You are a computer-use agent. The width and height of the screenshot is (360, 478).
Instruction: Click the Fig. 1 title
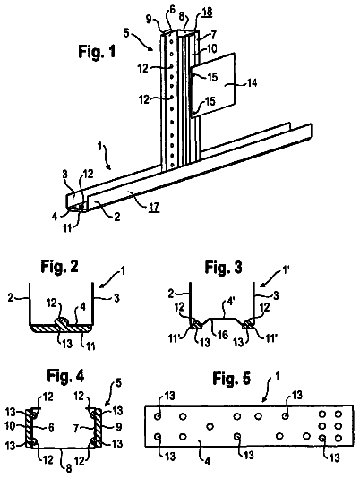pos(97,51)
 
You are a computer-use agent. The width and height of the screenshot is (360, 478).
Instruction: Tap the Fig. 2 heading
pos(59,267)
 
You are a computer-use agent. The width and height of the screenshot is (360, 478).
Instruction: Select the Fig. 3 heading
pos(223,268)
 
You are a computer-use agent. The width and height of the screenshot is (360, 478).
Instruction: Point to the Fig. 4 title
pos(65,376)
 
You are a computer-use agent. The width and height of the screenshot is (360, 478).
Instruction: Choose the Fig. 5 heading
pos(232,379)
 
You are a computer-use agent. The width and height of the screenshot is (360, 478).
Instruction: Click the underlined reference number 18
pos(207,12)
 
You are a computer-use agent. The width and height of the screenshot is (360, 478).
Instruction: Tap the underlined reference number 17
pos(154,208)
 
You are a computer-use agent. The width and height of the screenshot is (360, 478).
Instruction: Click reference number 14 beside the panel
pos(252,82)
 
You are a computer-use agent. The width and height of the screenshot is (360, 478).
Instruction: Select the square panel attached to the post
pos(212,85)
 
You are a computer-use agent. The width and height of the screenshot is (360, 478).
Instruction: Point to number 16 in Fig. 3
pos(223,335)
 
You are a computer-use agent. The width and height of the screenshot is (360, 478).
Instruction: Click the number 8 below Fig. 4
pos(69,468)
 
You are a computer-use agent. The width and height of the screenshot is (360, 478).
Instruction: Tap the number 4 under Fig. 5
pos(207,462)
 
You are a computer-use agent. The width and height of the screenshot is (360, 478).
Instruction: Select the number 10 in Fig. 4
pos(10,426)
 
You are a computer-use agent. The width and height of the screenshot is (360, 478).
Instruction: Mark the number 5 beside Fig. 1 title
pos(127,32)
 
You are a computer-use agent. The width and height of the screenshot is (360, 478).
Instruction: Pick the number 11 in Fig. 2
pos(90,346)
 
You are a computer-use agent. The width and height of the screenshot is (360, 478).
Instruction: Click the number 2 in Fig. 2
pos(12,297)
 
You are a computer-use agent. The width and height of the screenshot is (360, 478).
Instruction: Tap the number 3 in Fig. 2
pos(116,298)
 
